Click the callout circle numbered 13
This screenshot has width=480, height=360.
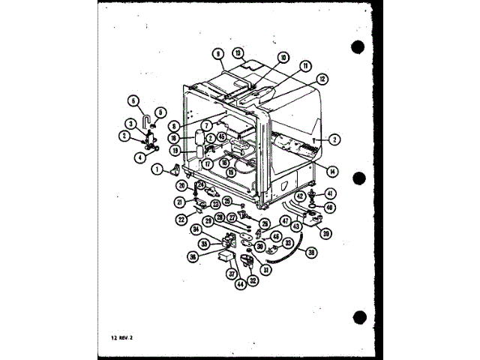tap(237, 52)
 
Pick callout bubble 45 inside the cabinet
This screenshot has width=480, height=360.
tap(223, 136)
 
